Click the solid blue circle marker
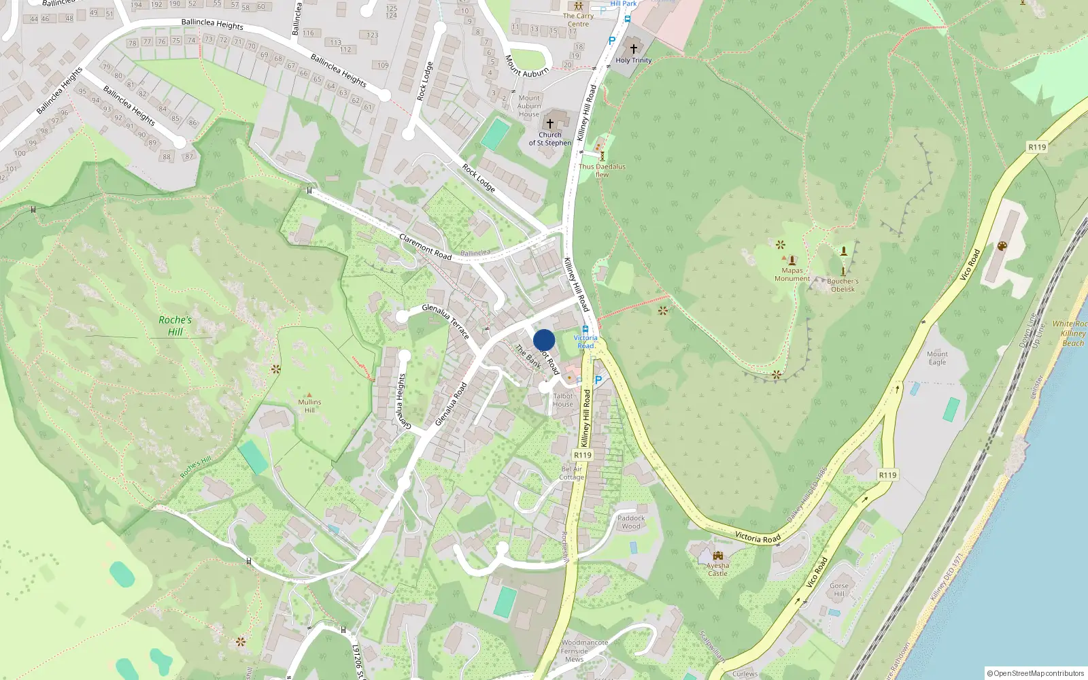(x=544, y=341)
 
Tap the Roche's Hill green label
(x=175, y=326)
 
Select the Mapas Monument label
(x=792, y=275)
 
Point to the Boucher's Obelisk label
(x=843, y=285)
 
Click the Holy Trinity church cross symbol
(x=634, y=49)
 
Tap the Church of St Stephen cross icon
(x=550, y=124)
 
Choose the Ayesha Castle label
(x=717, y=569)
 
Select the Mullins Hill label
(x=309, y=406)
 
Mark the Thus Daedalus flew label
(x=602, y=170)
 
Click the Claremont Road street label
(x=425, y=246)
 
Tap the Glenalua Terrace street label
(x=446, y=321)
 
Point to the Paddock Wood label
(x=631, y=522)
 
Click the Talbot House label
(x=563, y=400)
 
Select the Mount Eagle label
(x=937, y=358)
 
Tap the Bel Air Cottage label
(x=571, y=473)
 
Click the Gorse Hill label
(x=839, y=590)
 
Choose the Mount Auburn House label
(x=529, y=106)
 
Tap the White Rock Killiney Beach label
(x=1070, y=333)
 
